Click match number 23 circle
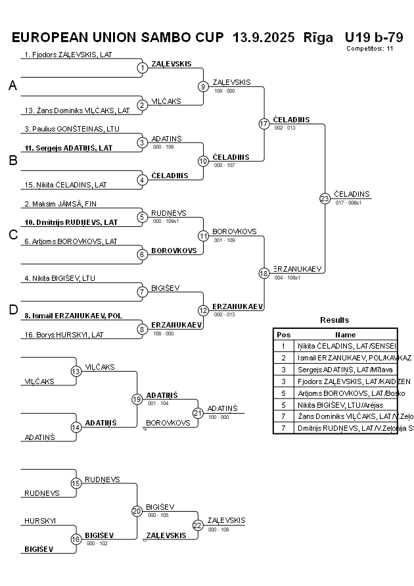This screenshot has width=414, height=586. tap(325, 199)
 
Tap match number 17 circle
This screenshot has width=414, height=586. tap(264, 124)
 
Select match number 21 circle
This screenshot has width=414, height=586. tap(198, 412)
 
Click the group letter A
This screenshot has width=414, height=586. tap(12, 85)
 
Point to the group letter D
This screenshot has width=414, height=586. tap(12, 310)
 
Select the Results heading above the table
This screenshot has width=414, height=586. tap(334, 320)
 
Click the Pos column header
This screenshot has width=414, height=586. tap(283, 334)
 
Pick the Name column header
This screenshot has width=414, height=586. tap(345, 334)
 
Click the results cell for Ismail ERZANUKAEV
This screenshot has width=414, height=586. tap(345, 357)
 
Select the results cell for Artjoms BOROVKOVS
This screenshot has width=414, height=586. tap(345, 393)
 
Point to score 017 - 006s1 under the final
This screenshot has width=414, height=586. tap(348, 203)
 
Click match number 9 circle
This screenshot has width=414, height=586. tap(203, 86)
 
